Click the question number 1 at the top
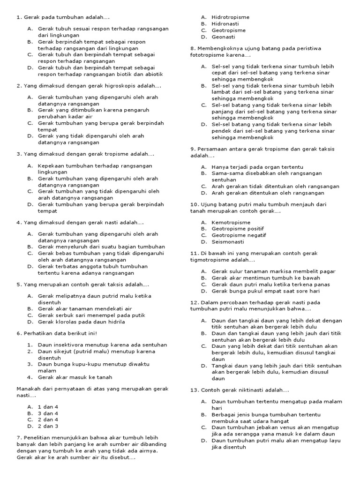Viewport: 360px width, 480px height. tap(18, 17)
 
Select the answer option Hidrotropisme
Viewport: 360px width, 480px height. tap(230, 17)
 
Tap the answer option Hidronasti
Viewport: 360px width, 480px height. tap(225, 24)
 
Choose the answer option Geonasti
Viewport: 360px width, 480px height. tap(223, 37)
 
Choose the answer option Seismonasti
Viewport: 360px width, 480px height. tap(228, 242)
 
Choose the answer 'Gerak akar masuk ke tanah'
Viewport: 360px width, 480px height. tap(75, 377)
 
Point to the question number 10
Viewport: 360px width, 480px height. tap(195, 205)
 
